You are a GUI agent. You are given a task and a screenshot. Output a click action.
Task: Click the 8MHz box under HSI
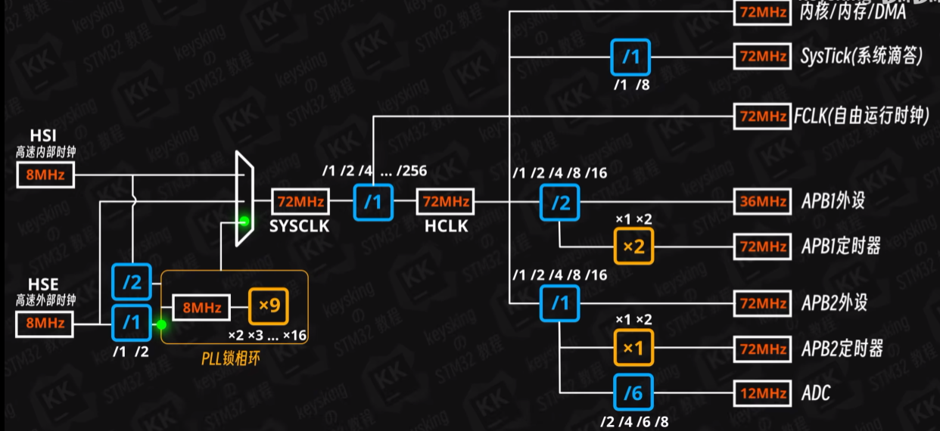pyautogui.click(x=45, y=177)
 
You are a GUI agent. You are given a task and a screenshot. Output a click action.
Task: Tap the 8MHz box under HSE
pyautogui.click(x=45, y=324)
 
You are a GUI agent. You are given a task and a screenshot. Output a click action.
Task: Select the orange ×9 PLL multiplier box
pyautogui.click(x=269, y=307)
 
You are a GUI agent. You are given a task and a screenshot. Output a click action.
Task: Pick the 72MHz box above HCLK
pyautogui.click(x=444, y=202)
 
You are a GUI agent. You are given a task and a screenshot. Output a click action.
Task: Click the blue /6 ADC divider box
pyautogui.click(x=632, y=393)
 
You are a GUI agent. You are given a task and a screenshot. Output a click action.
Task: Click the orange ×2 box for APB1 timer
pyautogui.click(x=632, y=247)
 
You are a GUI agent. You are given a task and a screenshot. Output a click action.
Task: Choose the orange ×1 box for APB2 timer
pyautogui.click(x=632, y=349)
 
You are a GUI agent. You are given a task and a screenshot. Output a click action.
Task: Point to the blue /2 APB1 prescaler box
pyautogui.click(x=559, y=202)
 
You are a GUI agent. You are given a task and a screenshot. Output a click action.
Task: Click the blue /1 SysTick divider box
pyautogui.click(x=630, y=57)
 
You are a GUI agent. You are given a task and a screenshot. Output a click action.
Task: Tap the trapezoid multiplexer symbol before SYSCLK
pyautogui.click(x=244, y=199)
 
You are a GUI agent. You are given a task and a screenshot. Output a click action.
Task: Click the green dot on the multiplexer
pyautogui.click(x=244, y=222)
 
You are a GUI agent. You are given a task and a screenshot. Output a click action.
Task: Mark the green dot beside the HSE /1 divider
pyautogui.click(x=161, y=324)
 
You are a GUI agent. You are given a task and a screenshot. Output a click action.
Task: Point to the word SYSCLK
pyautogui.click(x=300, y=225)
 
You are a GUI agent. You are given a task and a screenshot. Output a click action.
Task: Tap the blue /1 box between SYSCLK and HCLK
pyautogui.click(x=374, y=202)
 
